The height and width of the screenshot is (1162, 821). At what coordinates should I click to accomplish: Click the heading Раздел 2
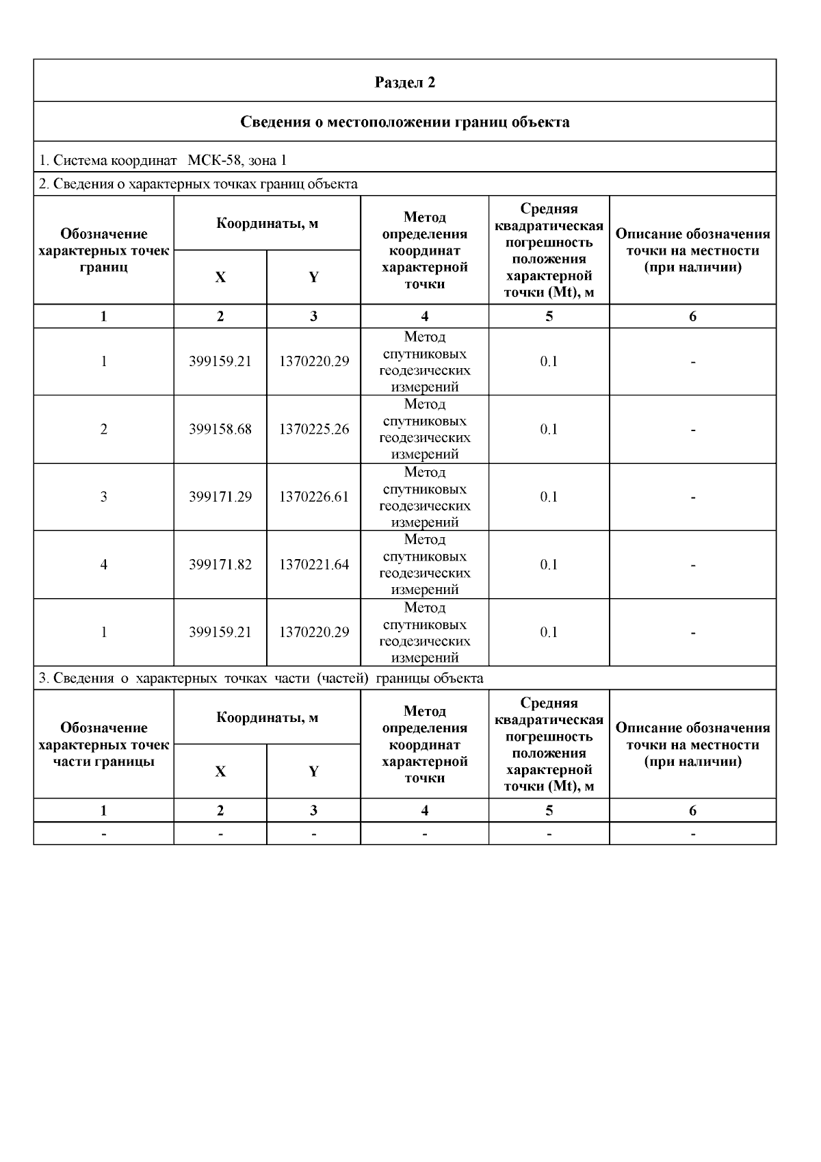(404, 82)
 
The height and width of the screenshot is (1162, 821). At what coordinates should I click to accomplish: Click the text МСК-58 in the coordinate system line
(211, 161)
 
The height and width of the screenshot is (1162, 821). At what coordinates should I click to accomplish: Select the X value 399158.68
(220, 430)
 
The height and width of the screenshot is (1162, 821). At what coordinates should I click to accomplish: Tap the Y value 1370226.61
(313, 498)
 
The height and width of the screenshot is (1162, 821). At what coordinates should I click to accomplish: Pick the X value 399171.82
(220, 565)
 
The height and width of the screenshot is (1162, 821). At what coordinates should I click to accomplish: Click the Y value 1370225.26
(313, 430)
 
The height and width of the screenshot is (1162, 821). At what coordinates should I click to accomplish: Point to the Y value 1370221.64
(313, 565)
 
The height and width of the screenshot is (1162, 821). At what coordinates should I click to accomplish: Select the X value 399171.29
(220, 498)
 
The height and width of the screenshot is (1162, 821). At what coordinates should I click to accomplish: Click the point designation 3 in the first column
(104, 498)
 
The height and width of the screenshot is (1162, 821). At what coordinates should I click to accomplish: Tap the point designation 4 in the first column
(104, 565)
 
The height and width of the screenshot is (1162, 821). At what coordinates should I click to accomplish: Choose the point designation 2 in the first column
(104, 430)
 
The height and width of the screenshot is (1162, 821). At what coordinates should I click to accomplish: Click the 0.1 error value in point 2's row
(549, 430)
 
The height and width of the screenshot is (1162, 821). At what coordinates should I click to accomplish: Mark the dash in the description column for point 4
(693, 566)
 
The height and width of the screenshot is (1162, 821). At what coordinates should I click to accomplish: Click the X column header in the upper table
(220, 278)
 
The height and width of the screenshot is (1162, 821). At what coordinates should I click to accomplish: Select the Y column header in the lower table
(313, 772)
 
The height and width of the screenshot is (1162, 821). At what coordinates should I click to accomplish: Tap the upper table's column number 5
(549, 316)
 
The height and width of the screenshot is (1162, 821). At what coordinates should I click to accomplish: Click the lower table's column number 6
(693, 811)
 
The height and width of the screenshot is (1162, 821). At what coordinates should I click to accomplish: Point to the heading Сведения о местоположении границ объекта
(404, 122)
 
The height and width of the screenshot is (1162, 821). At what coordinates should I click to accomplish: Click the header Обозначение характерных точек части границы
(104, 745)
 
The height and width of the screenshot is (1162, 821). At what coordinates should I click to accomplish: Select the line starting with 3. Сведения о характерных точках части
(261, 679)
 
